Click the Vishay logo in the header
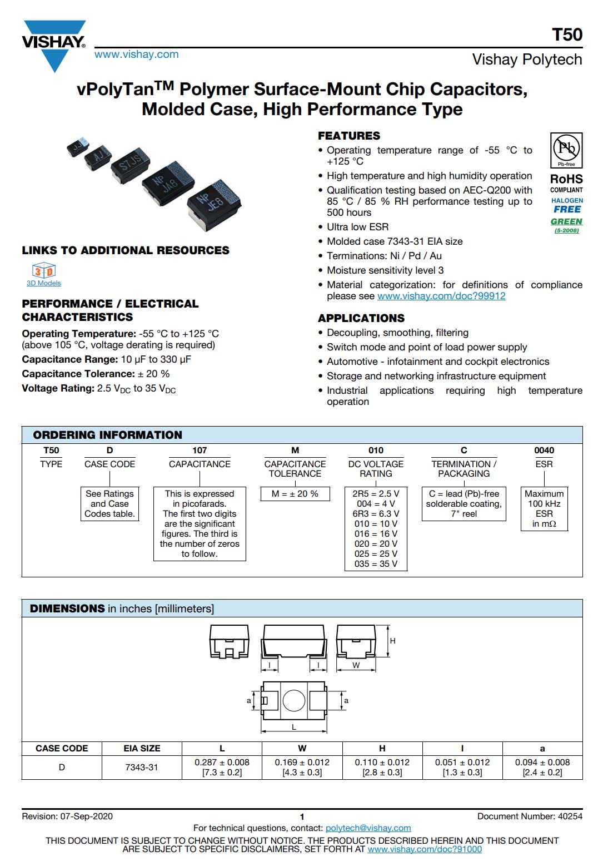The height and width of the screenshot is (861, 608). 54,44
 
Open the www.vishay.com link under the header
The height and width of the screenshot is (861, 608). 136,55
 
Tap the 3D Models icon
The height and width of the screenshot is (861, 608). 44,271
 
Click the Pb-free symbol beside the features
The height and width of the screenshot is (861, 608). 566,149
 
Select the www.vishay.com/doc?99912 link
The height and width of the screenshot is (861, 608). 441,296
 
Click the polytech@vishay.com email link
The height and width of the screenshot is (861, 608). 368,828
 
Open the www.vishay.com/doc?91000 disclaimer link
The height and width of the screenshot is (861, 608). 425,849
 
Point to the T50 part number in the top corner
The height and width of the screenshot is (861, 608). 567,34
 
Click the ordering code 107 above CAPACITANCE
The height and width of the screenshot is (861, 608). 200,451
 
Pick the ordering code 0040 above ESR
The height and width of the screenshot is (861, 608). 544,451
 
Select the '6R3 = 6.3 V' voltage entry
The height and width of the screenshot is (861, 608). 376,514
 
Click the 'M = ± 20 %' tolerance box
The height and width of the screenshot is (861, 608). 295,494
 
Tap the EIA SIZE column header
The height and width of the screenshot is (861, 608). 142,749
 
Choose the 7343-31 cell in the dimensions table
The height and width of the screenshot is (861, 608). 142,768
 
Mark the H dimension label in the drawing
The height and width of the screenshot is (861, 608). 392,641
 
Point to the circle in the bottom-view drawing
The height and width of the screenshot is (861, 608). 293,700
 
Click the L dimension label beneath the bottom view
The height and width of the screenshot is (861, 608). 294,727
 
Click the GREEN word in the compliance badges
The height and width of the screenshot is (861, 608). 566,221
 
